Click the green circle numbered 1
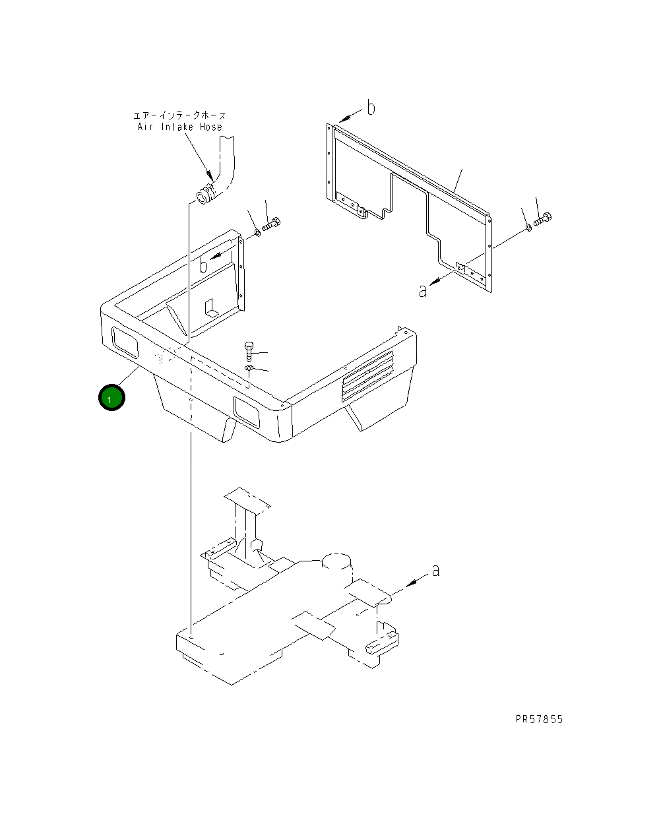click(x=111, y=398)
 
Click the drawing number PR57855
click(x=539, y=719)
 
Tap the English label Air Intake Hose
click(x=179, y=127)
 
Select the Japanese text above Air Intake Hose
click(x=179, y=115)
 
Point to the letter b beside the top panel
click(x=371, y=108)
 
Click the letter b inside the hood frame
click(x=205, y=265)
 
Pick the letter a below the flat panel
click(x=423, y=290)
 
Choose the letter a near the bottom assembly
click(x=435, y=570)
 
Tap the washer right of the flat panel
click(x=528, y=228)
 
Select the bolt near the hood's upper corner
click(x=272, y=224)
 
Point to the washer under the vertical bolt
click(x=249, y=368)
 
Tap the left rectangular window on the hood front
click(x=125, y=343)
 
